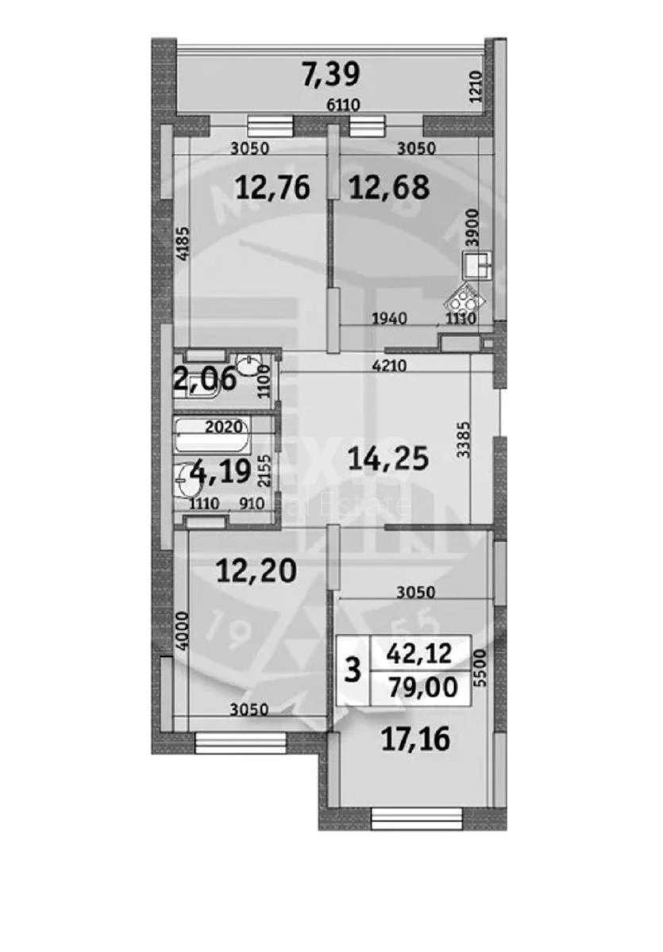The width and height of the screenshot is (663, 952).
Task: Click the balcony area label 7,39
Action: tap(332, 75)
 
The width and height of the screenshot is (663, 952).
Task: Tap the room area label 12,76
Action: tap(272, 188)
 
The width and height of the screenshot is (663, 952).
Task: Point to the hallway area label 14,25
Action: tap(389, 458)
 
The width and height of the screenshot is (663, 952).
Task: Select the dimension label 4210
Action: tap(390, 366)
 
